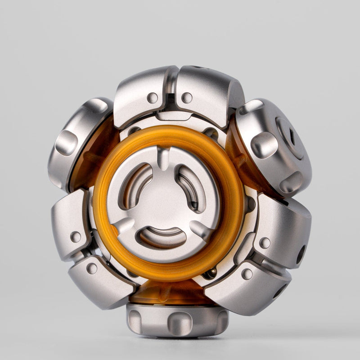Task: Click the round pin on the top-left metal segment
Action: [153, 97]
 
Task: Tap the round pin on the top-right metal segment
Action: [187, 97]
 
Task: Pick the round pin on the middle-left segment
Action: [76, 237]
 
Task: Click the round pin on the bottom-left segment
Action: [92, 269]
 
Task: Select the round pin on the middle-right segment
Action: [265, 243]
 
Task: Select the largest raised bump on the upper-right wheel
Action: [264, 145]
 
